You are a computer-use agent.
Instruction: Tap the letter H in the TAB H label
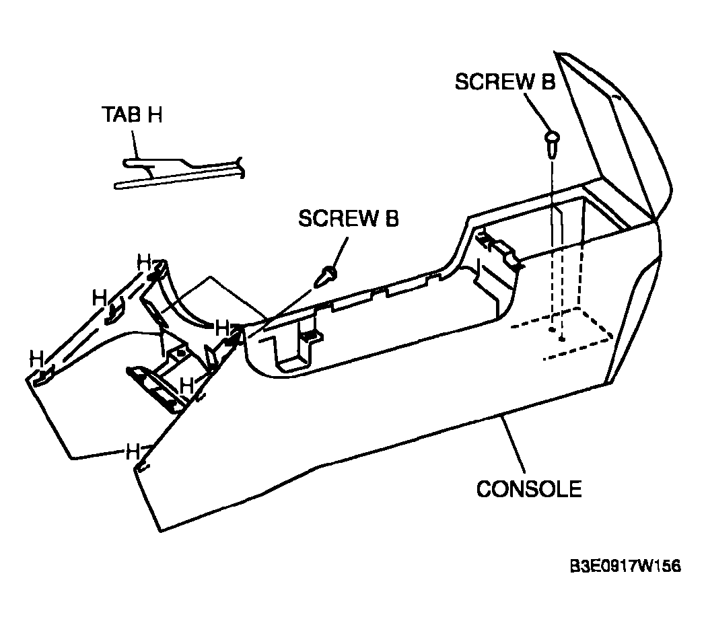[x=155, y=114]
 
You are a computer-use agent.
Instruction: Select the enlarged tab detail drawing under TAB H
[x=179, y=172]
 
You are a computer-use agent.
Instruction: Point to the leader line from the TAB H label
[x=135, y=144]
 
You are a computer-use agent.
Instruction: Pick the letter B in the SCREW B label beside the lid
[x=548, y=82]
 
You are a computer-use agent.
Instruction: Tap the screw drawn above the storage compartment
[x=552, y=143]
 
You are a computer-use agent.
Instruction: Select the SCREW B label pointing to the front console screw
[x=349, y=219]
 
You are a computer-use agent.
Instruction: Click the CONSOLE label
[x=529, y=489]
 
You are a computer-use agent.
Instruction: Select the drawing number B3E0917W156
[x=626, y=566]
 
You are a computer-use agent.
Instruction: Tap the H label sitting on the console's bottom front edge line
[x=133, y=451]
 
